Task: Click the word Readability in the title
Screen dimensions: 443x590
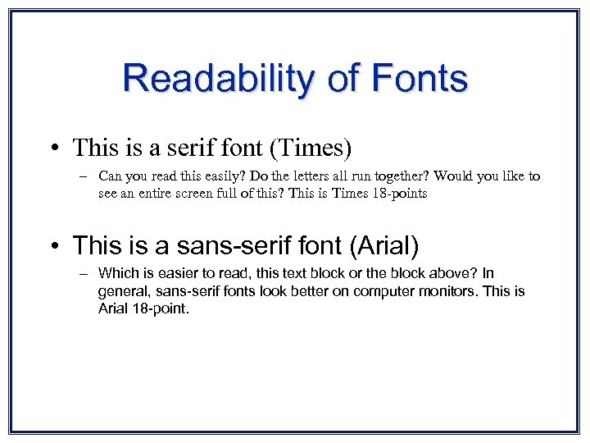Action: coord(216,79)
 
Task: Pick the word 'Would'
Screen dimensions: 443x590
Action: coord(452,176)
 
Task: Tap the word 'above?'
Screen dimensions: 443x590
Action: coord(448,273)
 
